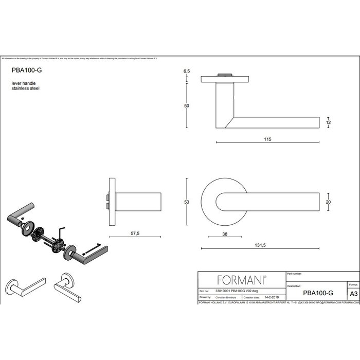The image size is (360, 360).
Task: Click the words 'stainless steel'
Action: coord(25,88)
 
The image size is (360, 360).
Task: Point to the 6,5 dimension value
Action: coord(187,73)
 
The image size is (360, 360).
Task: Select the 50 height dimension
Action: coord(187,105)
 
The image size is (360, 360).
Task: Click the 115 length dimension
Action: coord(267,139)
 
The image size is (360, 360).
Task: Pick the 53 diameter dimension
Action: coord(187,202)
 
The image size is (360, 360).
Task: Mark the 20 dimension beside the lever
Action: coord(329,202)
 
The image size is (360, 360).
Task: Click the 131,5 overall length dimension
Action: coord(261,245)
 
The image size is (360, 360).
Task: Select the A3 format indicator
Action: coord(353,293)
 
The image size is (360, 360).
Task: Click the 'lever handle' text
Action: coord(22,83)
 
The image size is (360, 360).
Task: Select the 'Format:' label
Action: coord(353,284)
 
